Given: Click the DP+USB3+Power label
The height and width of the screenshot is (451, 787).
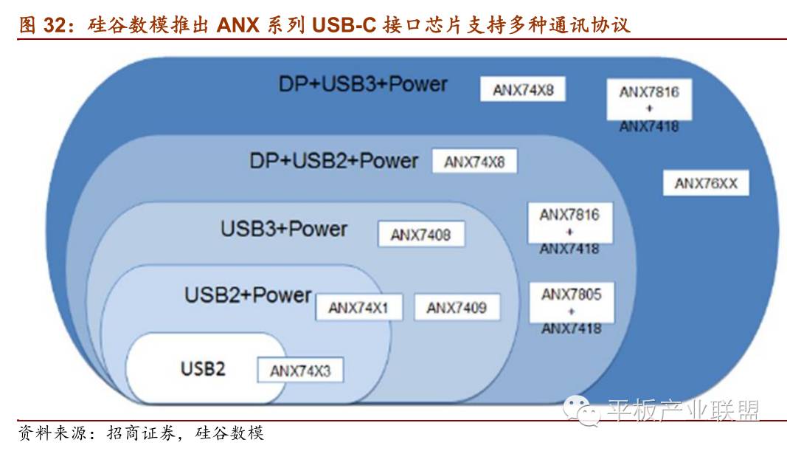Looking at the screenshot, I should coord(363,83).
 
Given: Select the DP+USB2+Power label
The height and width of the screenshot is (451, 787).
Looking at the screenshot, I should coord(333,160).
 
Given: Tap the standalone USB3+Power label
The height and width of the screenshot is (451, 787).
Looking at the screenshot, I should coord(284,228).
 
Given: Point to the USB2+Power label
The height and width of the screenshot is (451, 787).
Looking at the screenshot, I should coord(248,295).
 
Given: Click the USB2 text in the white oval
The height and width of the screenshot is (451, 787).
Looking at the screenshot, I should coord(203,367).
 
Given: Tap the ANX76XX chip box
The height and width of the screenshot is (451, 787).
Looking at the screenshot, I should coord(706,183).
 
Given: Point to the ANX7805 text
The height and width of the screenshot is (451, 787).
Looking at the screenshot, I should coord(571,295).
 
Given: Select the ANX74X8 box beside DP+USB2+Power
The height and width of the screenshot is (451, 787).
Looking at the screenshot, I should coord(474,162).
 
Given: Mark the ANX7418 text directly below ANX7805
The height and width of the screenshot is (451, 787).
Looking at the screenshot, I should coord(571,328).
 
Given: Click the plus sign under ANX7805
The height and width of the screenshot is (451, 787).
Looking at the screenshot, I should coord(571,311).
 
